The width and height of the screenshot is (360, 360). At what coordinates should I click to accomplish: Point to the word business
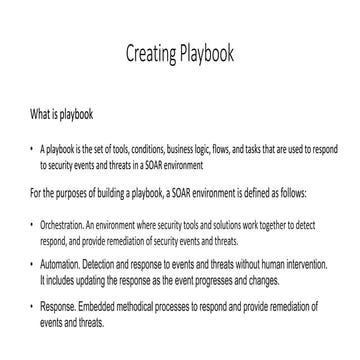coord(160,148)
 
